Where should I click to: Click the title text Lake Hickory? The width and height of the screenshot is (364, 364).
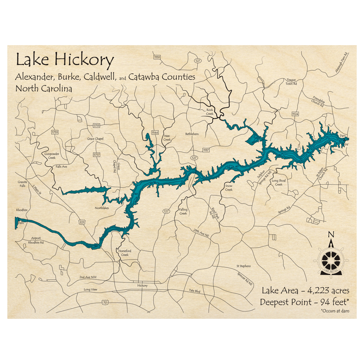pyautogui.click(x=64, y=60)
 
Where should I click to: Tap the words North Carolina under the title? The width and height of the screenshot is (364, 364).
pyautogui.click(x=44, y=88)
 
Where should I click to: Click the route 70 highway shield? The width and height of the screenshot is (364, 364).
pyautogui.click(x=105, y=302)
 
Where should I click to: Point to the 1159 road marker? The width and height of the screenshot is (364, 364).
pyautogui.click(x=157, y=57)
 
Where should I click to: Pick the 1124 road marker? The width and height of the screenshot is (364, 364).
pyautogui.click(x=295, y=114)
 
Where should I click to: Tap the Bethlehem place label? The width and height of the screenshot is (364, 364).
pyautogui.click(x=192, y=134)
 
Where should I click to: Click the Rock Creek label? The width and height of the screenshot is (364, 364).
pyautogui.click(x=210, y=112)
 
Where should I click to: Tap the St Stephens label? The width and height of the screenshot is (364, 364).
pyautogui.click(x=244, y=266)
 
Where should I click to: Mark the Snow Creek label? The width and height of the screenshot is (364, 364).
pyautogui.click(x=229, y=187)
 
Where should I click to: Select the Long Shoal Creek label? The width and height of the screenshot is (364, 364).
pyautogui.click(x=279, y=182)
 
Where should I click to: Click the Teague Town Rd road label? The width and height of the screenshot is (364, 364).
pyautogui.click(x=292, y=82)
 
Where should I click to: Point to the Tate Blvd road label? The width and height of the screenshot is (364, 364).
pyautogui.click(x=195, y=291)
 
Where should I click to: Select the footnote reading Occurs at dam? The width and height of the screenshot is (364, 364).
pyautogui.click(x=335, y=311)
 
